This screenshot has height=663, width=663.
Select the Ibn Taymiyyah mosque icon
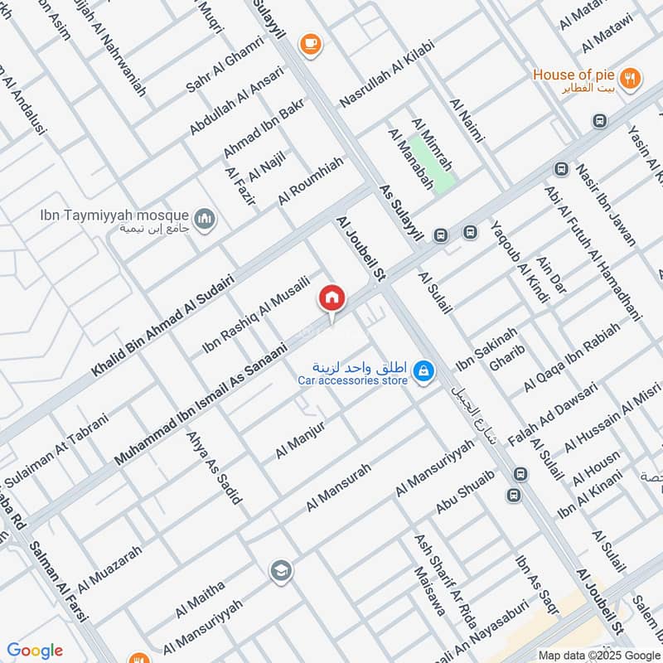coord(205,220)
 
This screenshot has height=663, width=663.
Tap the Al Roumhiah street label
coord(310,182)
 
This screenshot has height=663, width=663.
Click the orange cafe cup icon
coord(310,42)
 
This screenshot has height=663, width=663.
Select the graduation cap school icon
coord(281,570)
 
